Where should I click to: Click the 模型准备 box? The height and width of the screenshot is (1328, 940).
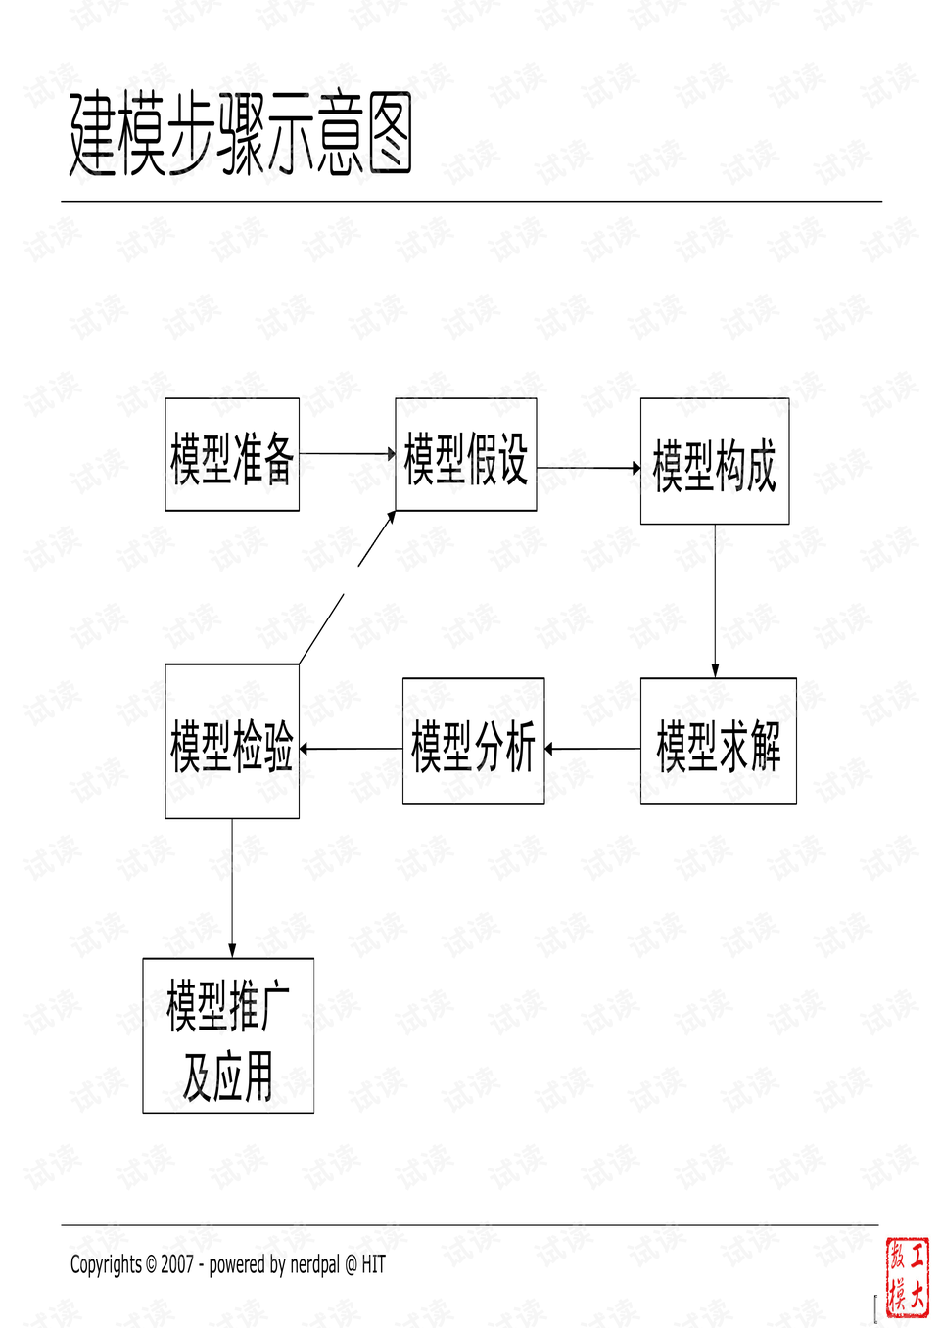(x=232, y=455)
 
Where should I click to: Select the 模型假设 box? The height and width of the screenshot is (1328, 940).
(x=466, y=455)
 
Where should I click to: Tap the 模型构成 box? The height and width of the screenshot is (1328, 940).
(x=715, y=462)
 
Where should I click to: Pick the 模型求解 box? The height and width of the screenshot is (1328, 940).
(x=718, y=742)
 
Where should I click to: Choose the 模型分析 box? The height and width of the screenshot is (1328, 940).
(x=473, y=742)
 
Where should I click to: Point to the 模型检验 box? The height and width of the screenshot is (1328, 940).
(x=232, y=742)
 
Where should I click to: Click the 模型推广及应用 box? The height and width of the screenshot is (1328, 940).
(x=228, y=1035)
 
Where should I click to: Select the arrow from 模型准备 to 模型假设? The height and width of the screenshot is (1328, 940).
(x=347, y=454)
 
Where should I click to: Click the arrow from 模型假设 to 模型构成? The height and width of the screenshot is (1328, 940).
(x=587, y=468)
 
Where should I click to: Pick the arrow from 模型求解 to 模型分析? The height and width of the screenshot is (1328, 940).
(x=592, y=749)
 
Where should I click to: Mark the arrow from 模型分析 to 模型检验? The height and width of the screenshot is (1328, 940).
(x=351, y=749)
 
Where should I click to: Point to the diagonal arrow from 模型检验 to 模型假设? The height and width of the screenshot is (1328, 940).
(x=348, y=587)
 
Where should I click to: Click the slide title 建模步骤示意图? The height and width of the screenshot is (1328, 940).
(x=241, y=135)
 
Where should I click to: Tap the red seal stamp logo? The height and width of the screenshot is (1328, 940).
(x=907, y=1276)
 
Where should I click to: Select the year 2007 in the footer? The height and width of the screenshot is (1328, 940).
(x=177, y=1264)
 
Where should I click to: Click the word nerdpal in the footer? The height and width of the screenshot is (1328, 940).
(x=315, y=1264)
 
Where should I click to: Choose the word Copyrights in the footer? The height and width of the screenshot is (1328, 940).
(x=106, y=1264)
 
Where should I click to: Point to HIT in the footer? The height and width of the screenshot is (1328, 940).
(x=373, y=1264)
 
